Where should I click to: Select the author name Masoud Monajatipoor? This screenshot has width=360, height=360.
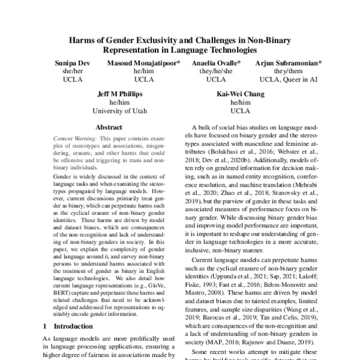pos(143,62)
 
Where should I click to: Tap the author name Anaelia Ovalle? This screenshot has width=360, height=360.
pos(217,62)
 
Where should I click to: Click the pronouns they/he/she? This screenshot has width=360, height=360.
pos(217,71)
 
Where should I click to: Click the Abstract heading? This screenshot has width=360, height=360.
pos(109,127)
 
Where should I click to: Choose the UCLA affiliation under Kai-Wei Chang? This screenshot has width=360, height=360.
pos(241,111)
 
